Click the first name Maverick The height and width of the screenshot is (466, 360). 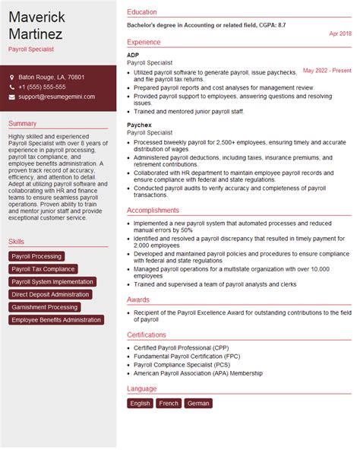tap(37, 16)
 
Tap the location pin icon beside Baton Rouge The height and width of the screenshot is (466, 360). tap(12, 78)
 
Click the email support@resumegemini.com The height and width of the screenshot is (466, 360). tap(57, 97)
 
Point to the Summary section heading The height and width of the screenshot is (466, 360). tap(23, 124)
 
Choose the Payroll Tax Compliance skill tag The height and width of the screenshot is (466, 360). tap(43, 269)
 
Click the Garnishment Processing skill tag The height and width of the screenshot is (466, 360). tap(45, 307)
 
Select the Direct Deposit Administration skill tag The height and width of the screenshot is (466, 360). tap(51, 294)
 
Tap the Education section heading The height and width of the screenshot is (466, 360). tap(142, 12)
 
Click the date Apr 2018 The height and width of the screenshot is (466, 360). tap(339, 34)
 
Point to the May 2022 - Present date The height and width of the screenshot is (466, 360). tap(327, 71)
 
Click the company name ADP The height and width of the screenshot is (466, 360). tap(134, 55)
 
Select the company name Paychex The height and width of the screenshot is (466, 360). tap(140, 125)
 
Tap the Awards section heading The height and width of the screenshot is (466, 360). tap(138, 300)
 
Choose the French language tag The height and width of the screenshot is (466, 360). tap(169, 404)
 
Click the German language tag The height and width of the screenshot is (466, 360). tap(198, 404)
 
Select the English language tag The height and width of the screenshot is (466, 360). tap(140, 404)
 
